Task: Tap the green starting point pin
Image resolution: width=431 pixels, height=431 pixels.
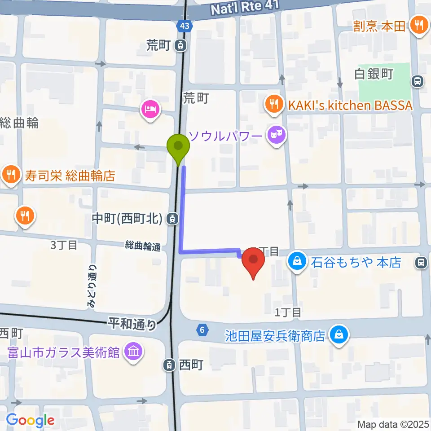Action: (x=178, y=146)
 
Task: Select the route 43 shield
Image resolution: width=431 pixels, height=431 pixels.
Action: (x=185, y=26)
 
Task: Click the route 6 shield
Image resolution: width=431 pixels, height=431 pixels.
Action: (x=203, y=330)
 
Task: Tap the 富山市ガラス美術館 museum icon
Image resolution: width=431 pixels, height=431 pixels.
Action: (x=134, y=351)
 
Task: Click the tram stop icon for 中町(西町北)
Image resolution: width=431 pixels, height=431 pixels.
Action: (x=171, y=219)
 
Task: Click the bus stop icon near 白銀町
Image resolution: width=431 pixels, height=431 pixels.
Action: (x=418, y=81)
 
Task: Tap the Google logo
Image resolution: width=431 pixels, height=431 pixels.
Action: (x=30, y=420)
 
